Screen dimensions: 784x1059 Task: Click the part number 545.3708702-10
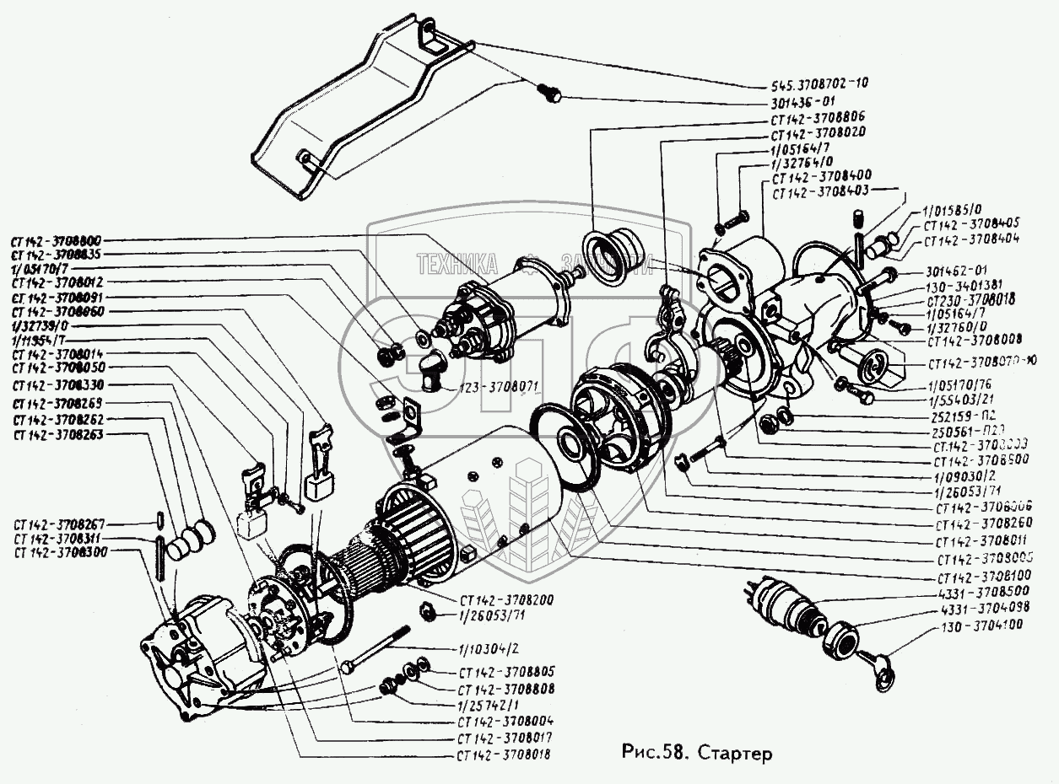coord(819,83)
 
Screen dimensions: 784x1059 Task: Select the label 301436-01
coord(804,100)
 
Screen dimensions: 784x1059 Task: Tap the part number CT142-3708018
coord(504,754)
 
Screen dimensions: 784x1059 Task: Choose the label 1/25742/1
coord(489,705)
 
